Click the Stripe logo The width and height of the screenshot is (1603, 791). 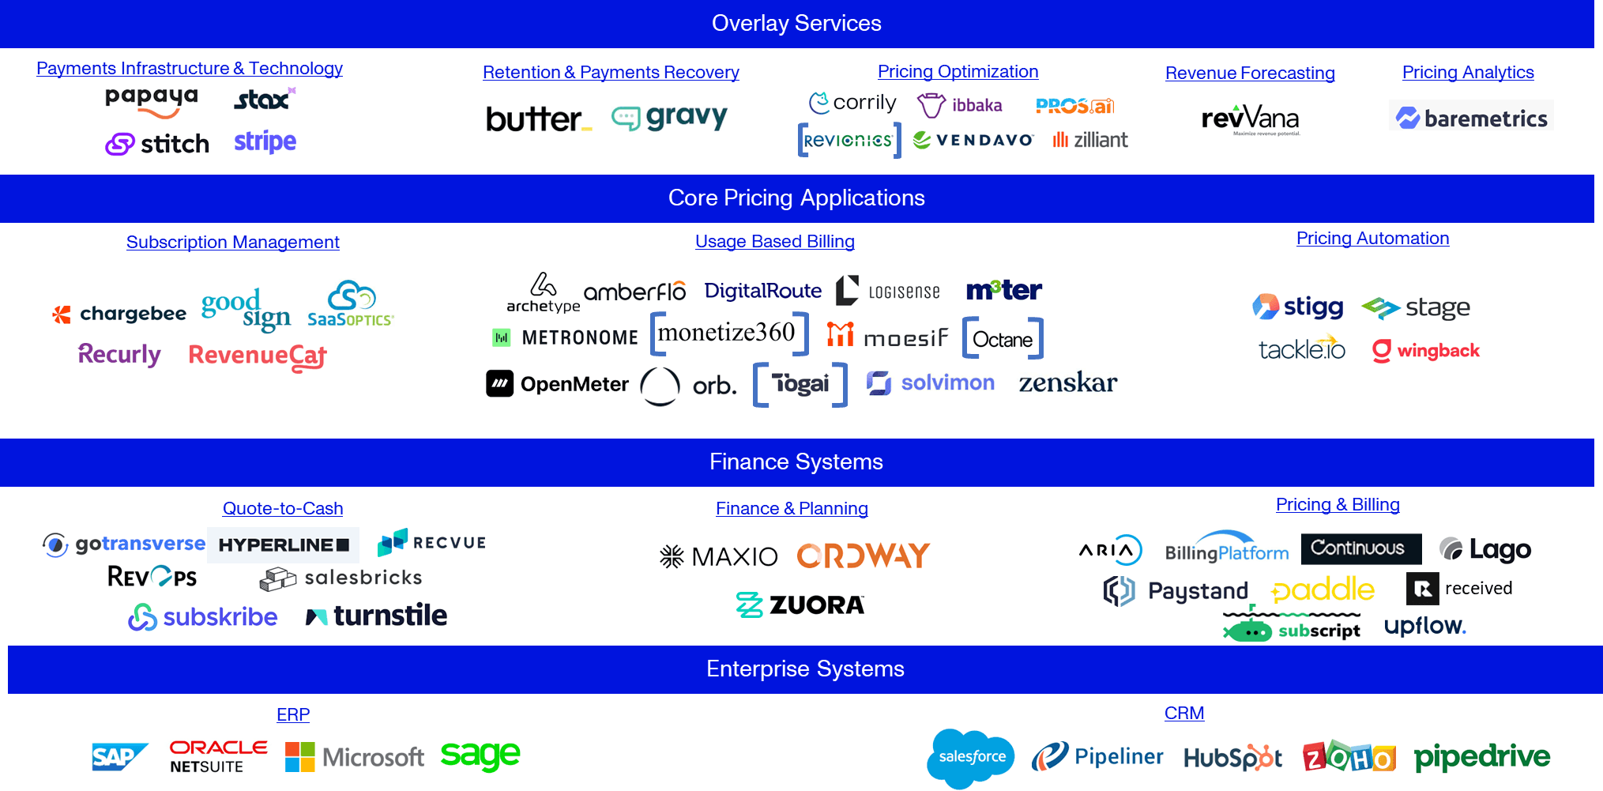[x=265, y=142]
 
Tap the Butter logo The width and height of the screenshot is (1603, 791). [x=538, y=120]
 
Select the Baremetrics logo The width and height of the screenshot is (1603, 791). [x=1470, y=116]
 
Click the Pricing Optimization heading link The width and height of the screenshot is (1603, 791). [x=958, y=72]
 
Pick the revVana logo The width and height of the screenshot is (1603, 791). [x=1251, y=119]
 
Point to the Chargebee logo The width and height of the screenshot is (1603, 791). [x=117, y=315]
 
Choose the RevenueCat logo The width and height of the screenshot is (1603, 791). [x=258, y=357]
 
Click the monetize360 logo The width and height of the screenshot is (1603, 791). [x=727, y=333]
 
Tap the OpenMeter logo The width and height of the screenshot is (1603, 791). [x=558, y=384]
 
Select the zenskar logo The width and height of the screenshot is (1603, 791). [x=1067, y=382]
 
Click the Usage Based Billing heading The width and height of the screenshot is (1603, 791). [x=774, y=242]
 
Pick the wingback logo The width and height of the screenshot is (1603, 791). [x=1425, y=351]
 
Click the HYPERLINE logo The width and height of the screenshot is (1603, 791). [x=283, y=545]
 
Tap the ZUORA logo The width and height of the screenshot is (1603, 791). [x=800, y=605]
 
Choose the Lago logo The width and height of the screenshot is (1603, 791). [x=1485, y=548]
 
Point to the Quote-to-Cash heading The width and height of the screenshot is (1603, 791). [x=282, y=509]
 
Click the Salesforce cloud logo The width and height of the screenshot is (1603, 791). [x=971, y=758]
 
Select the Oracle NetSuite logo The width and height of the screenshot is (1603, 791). [x=218, y=756]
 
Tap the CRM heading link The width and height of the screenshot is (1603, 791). [x=1183, y=714]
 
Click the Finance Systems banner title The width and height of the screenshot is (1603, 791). [x=796, y=462]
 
